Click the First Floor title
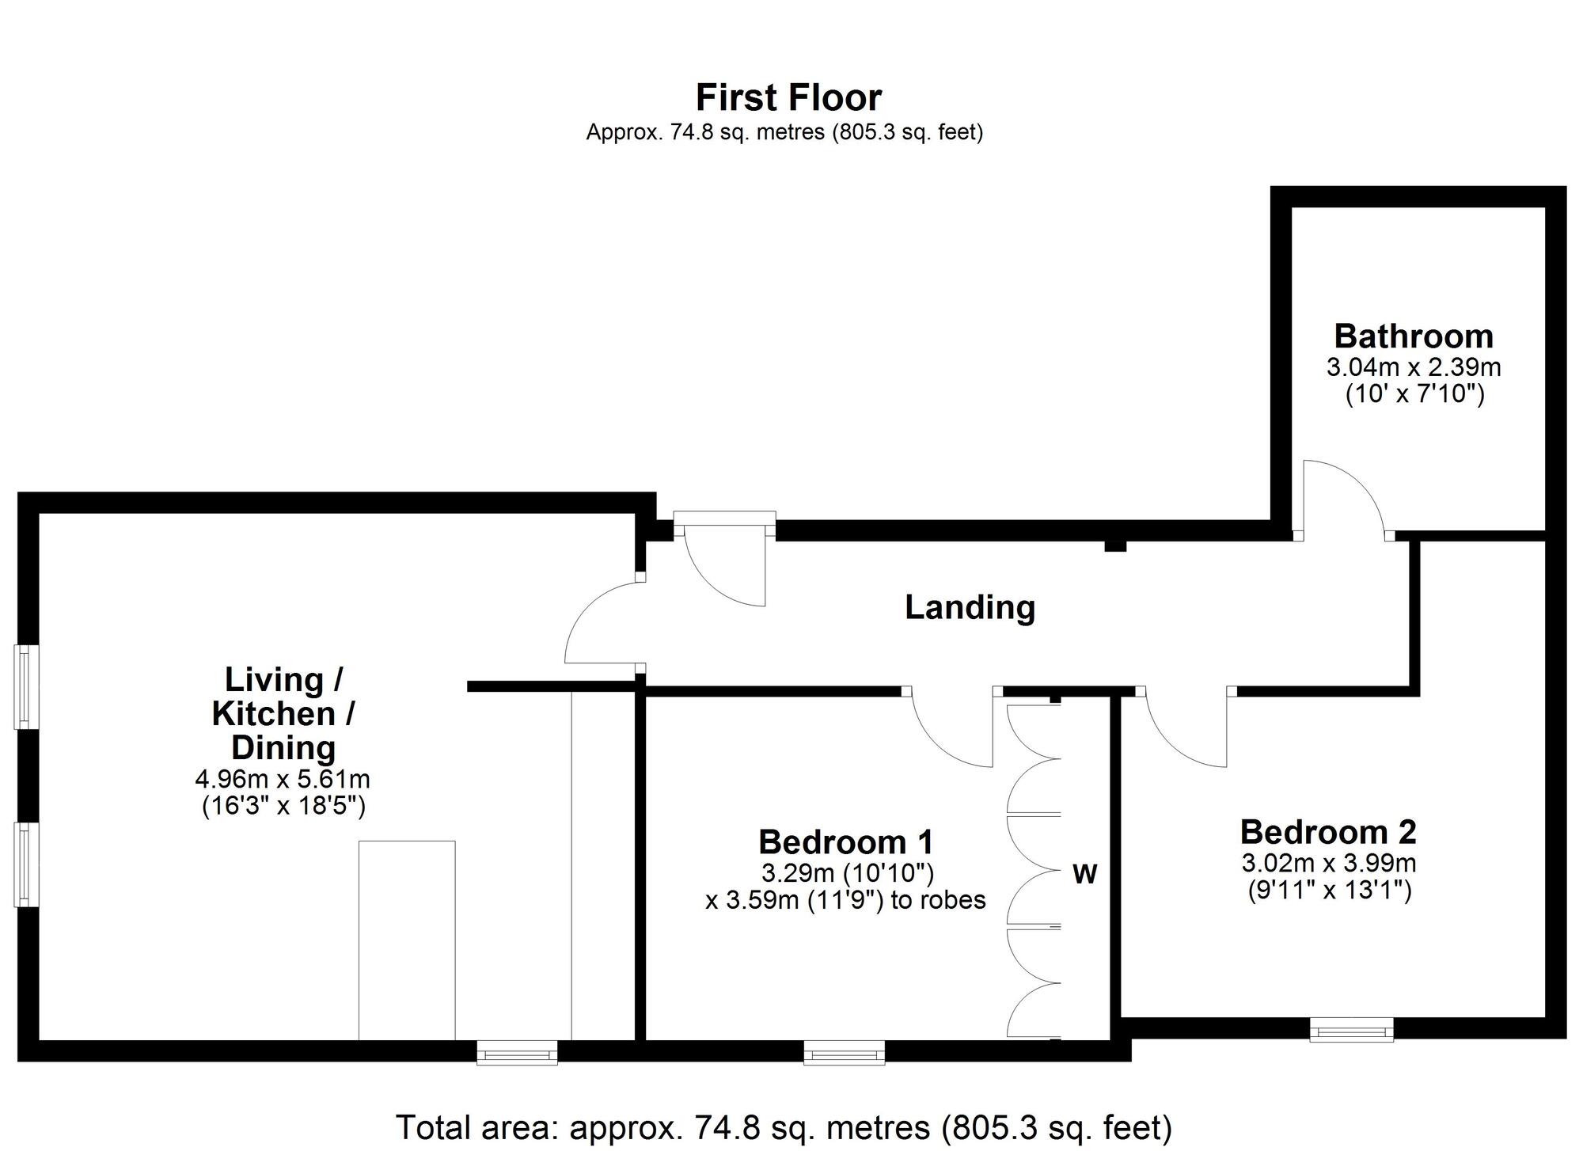pyautogui.click(x=788, y=98)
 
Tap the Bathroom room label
pyautogui.click(x=1414, y=336)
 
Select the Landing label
pyautogui.click(x=970, y=608)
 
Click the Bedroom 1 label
pyautogui.click(x=845, y=841)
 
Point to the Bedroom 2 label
pyautogui.click(x=1328, y=832)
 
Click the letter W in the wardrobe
pyautogui.click(x=1084, y=875)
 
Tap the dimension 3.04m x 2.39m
pyautogui.click(x=1414, y=367)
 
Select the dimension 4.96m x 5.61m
pyautogui.click(x=283, y=779)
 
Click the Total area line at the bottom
pyautogui.click(x=784, y=1127)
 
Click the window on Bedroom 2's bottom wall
pyautogui.click(x=1351, y=1030)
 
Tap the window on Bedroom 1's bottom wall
pyautogui.click(x=844, y=1053)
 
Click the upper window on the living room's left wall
pyautogui.click(x=27, y=686)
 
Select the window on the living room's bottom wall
pyautogui.click(x=517, y=1053)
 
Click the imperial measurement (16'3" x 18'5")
pyautogui.click(x=283, y=806)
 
